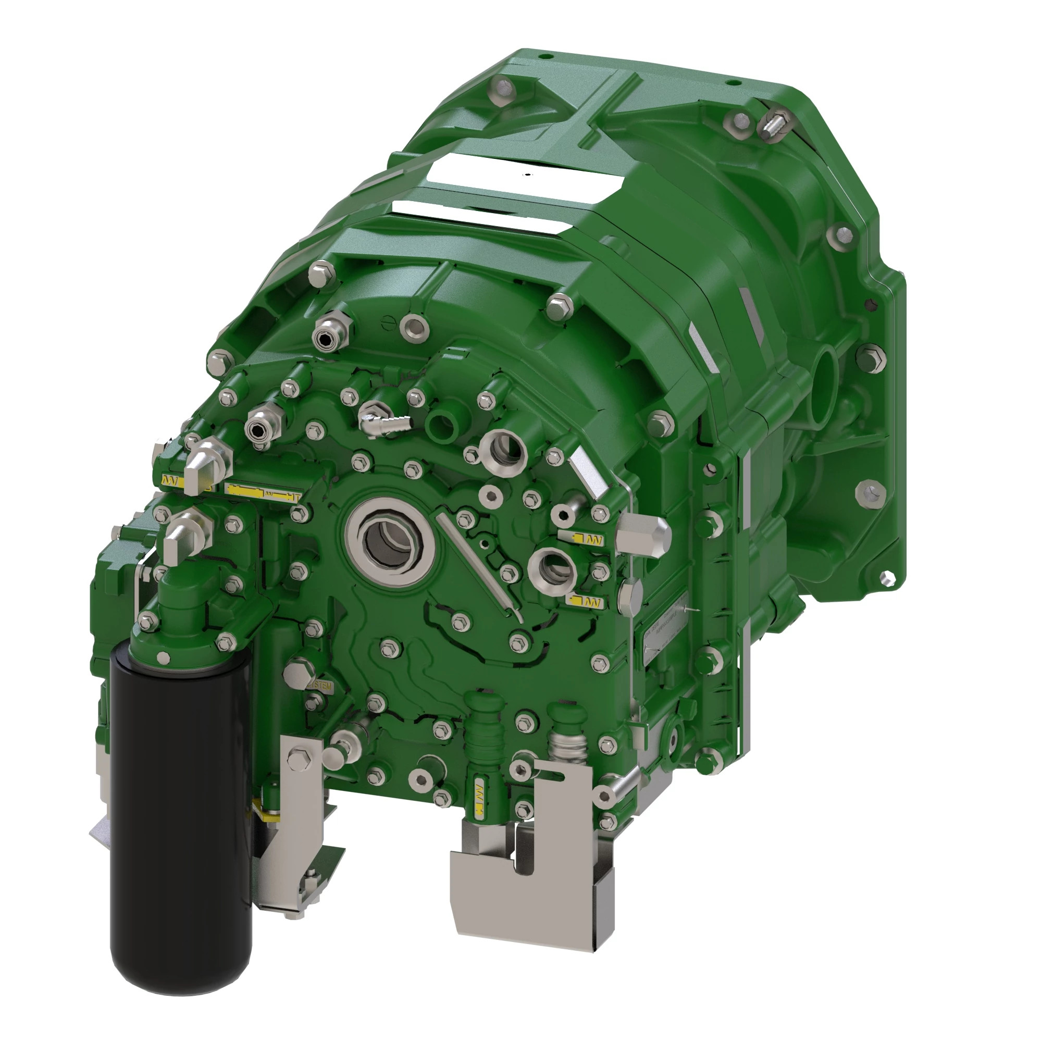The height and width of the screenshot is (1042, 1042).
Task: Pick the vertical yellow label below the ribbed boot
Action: (478, 797)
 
